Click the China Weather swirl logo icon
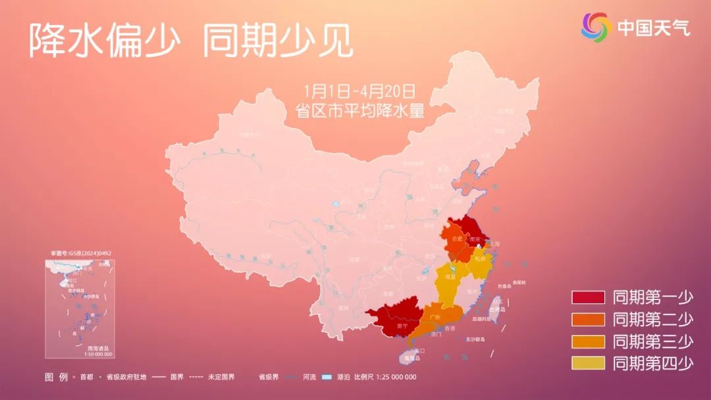596,27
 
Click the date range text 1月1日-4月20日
360,91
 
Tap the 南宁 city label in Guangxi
402,326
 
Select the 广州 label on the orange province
434,317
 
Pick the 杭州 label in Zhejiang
479,259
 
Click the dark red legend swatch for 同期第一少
588,297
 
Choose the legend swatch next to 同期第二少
588,319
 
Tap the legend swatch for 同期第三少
588,341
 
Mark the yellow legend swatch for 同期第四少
588,362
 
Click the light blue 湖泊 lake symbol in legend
326,377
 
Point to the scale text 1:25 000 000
394,377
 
